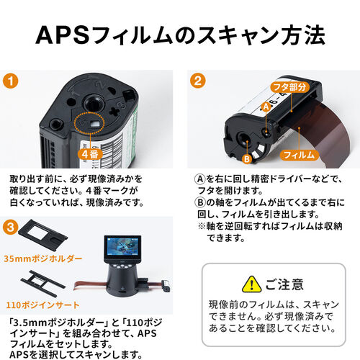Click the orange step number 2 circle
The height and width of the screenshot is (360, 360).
[x=196, y=81]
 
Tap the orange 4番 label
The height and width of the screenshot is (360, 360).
[x=89, y=153]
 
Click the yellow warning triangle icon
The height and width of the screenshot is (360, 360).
[x=251, y=284]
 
